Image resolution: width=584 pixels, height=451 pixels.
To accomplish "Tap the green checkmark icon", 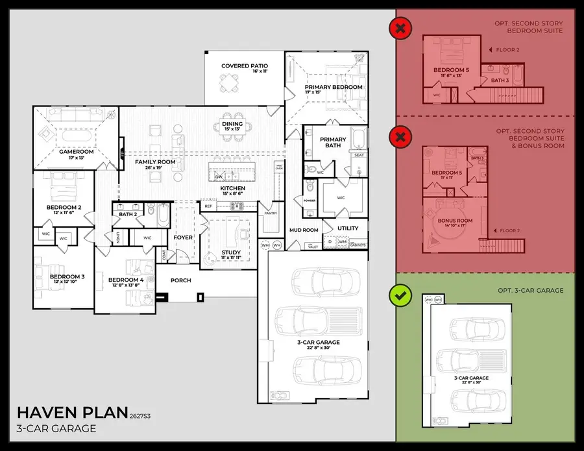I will coord(400,296).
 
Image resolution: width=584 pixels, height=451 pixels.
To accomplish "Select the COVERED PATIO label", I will coord(244,66).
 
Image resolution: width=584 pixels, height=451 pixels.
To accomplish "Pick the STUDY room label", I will coord(231,252).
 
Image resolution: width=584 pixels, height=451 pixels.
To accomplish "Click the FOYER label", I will coord(183,238).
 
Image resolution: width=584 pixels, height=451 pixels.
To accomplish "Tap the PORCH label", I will coord(181,280).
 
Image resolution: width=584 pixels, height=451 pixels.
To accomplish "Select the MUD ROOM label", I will coord(304,230).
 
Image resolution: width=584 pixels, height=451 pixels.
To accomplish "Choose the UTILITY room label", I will coord(348,228).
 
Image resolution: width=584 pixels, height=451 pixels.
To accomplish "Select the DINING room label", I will coord(232,123).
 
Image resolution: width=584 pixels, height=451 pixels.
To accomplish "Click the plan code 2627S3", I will coord(144,416).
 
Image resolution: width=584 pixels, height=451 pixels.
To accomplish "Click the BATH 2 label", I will coord(127,214).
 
